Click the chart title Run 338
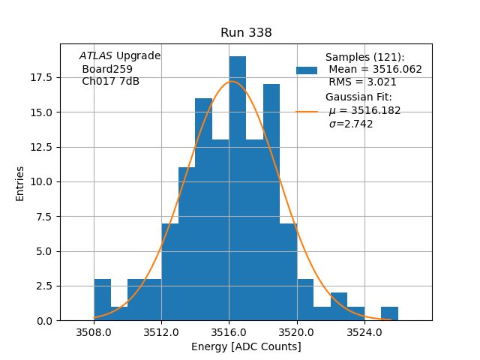[246, 33]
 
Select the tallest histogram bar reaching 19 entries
[237, 187]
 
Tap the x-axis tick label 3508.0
[94, 332]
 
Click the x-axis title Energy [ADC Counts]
[246, 346]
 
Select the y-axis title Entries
[20, 183]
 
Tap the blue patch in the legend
[307, 70]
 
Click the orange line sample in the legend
[307, 111]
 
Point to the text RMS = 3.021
[362, 82]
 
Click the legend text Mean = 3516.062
[375, 69]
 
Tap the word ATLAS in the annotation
[96, 56]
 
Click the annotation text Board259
[107, 69]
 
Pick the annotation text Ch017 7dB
[110, 82]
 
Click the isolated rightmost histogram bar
[389, 313]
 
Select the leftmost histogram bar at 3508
[102, 300]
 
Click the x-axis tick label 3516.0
[229, 332]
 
